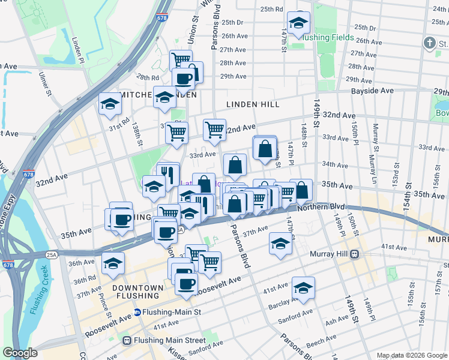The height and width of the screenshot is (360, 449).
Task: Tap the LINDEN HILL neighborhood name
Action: [x=253, y=104]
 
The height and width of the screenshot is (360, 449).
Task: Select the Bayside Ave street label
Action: [x=372, y=91]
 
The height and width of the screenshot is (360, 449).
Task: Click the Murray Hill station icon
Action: [x=355, y=254]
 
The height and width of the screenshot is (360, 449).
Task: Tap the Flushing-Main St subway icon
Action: [x=137, y=312]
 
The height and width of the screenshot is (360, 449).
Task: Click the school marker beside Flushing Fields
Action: [x=298, y=23]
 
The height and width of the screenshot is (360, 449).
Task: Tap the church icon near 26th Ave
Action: [x=429, y=43]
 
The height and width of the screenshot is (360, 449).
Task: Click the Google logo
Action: [x=20, y=353]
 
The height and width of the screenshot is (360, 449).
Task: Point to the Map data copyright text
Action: [x=411, y=355]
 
